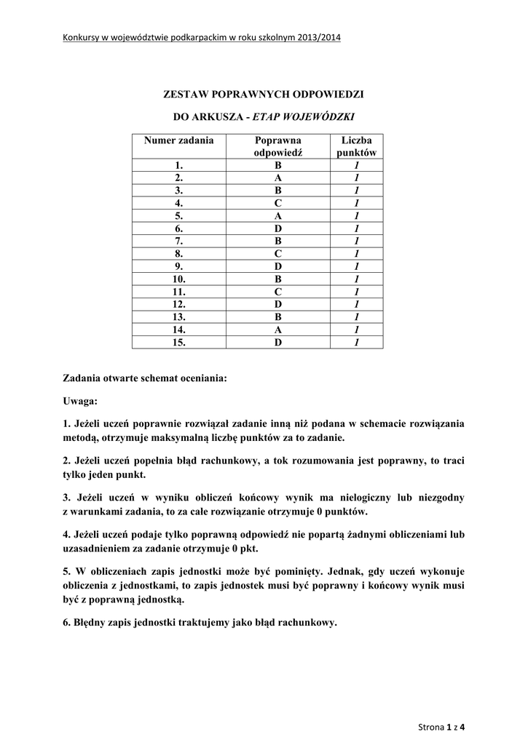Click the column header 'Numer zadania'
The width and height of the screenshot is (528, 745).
pyautogui.click(x=178, y=140)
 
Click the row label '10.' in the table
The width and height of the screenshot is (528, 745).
pyautogui.click(x=179, y=279)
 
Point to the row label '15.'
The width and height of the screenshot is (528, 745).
pyautogui.click(x=179, y=342)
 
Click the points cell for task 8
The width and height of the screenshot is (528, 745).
pyautogui.click(x=357, y=254)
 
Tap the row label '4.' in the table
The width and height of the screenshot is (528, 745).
pyautogui.click(x=179, y=203)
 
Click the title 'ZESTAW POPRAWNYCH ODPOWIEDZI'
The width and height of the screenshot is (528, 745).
pyautogui.click(x=263, y=95)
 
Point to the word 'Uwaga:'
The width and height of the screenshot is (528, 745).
pyautogui.click(x=79, y=401)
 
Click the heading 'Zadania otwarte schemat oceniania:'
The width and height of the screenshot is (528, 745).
pyautogui.click(x=145, y=379)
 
